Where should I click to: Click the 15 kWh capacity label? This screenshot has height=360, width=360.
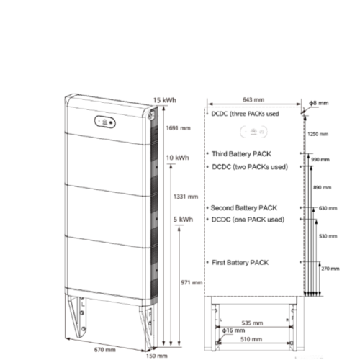coord(165,99)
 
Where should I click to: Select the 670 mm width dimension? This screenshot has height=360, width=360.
coord(105,348)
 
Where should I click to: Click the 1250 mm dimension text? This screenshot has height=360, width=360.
coord(318,134)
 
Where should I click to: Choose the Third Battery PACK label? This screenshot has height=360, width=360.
coord(242,154)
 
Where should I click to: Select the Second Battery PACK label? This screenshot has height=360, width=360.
coord(243,207)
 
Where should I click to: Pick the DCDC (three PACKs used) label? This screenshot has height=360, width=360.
coord(245,114)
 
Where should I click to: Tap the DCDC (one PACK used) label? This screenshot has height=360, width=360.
coord(246,219)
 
